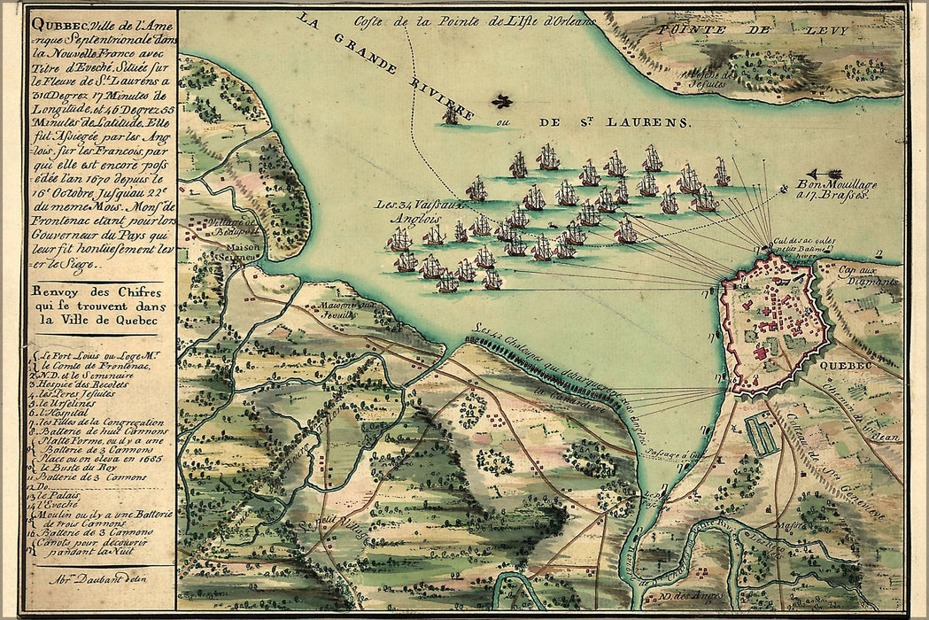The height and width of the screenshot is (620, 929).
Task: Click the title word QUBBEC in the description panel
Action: (x=52, y=25)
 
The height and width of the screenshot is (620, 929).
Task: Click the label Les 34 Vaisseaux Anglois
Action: (x=408, y=210)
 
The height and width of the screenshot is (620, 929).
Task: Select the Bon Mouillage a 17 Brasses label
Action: (x=838, y=189)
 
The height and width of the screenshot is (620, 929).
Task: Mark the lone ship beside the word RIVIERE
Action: (x=451, y=113)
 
